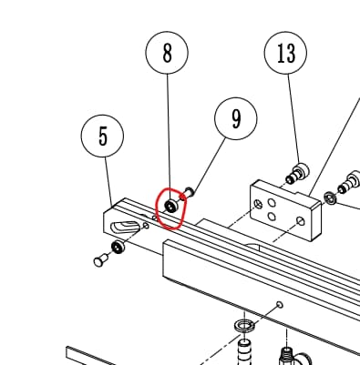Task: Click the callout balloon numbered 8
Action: point(167,53)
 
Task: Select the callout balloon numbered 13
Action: point(285,53)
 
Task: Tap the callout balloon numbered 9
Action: point(236,118)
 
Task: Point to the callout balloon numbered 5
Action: point(102,136)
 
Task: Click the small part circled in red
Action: point(170,207)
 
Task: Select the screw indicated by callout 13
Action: point(298,174)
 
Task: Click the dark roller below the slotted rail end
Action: point(118,247)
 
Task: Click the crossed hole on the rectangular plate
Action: point(259,204)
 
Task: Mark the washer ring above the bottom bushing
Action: point(244,326)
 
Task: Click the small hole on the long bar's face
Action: point(280,304)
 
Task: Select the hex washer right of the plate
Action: point(329,198)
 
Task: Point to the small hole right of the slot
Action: point(146,226)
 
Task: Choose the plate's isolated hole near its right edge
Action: point(301,221)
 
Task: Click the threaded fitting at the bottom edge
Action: point(286,356)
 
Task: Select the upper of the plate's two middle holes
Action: point(272,202)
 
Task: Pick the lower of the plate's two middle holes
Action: point(272,217)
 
